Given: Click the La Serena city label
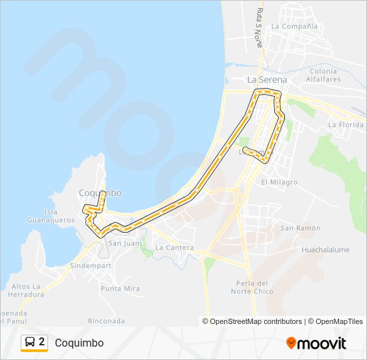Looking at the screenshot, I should click(x=267, y=79).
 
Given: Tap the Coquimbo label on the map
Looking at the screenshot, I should click(x=100, y=193).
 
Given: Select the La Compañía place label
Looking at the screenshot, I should click(x=294, y=27).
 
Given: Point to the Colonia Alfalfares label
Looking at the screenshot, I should click(x=324, y=75).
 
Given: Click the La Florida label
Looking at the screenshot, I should click(x=346, y=125).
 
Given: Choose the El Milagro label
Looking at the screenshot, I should click(x=279, y=182).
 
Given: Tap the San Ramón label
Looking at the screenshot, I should click(x=300, y=228).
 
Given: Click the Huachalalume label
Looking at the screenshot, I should click(x=326, y=250).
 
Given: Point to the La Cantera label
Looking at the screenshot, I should click(x=174, y=247).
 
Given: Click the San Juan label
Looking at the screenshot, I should click(x=124, y=243).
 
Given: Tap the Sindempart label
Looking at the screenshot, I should click(x=90, y=265).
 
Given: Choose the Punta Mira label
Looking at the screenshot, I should click(x=120, y=288).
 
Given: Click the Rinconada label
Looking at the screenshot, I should click(x=106, y=321).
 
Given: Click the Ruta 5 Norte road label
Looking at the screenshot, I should click(x=259, y=27).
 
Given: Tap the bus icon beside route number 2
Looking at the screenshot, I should click(x=30, y=343).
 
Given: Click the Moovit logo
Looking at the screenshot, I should click(x=316, y=343).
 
